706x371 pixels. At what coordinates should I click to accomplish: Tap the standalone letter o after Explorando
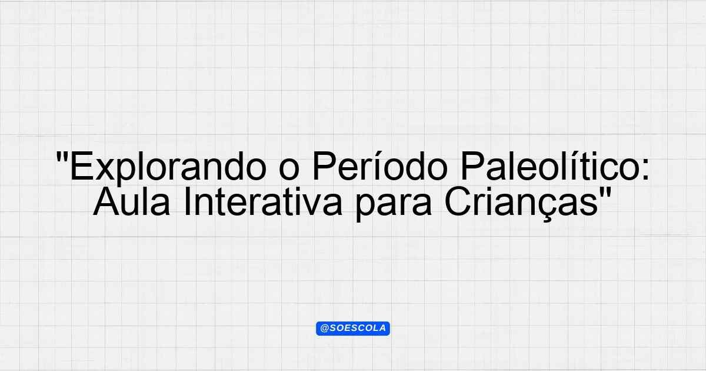(289, 171)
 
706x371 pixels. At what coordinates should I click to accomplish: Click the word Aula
(132, 201)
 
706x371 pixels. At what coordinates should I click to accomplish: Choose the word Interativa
(262, 201)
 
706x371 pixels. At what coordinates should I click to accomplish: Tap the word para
(394, 206)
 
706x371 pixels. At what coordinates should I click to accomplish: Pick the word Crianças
(521, 204)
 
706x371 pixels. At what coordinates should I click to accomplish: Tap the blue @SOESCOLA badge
(352, 329)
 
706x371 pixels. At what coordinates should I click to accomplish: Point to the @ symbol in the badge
(324, 329)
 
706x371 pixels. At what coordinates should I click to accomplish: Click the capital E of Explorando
(81, 166)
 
